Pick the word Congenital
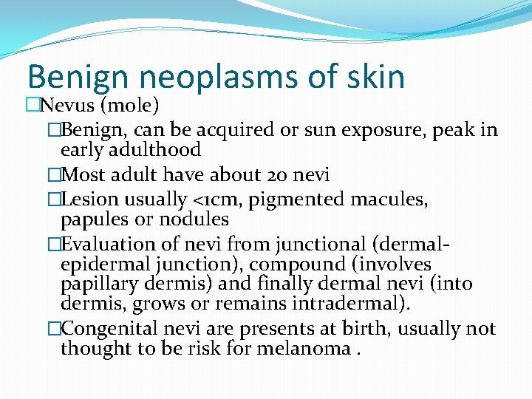(x=110, y=329)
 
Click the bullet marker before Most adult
(x=52, y=175)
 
